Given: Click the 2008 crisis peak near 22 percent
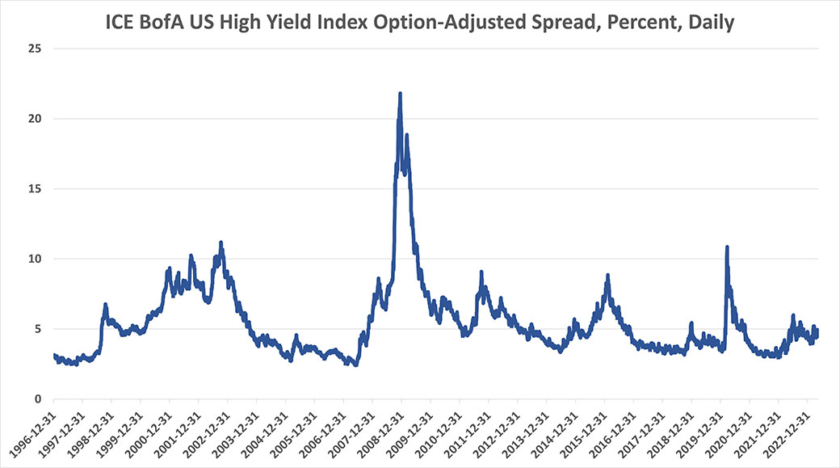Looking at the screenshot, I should [x=400, y=94].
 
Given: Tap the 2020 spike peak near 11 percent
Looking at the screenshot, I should [x=727, y=247].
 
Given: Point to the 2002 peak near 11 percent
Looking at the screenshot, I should [x=220, y=242].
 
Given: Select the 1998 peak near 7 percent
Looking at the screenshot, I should [x=105, y=305].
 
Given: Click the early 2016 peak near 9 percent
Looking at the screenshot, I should [x=607, y=276].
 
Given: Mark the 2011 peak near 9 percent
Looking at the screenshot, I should [x=481, y=272].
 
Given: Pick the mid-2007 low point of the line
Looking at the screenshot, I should [x=355, y=365].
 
